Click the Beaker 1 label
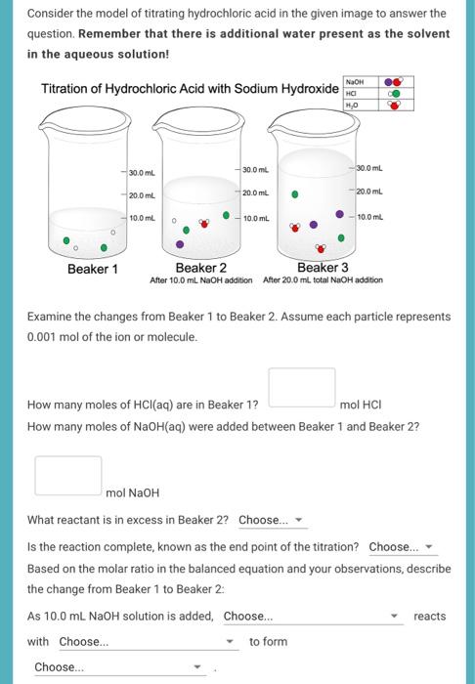click(x=92, y=269)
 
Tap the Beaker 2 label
click(x=200, y=268)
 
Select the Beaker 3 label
click(x=323, y=268)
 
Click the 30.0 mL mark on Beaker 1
click(x=143, y=173)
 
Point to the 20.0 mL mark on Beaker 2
click(x=254, y=192)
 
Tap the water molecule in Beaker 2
click(x=203, y=223)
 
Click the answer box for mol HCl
click(x=302, y=387)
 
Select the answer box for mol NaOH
click(x=68, y=475)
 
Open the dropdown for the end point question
click(x=401, y=547)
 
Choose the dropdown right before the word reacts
click(x=312, y=617)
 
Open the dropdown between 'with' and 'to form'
click(x=148, y=642)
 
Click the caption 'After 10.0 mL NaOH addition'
click(x=201, y=280)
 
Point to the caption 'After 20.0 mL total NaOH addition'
click(x=324, y=280)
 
